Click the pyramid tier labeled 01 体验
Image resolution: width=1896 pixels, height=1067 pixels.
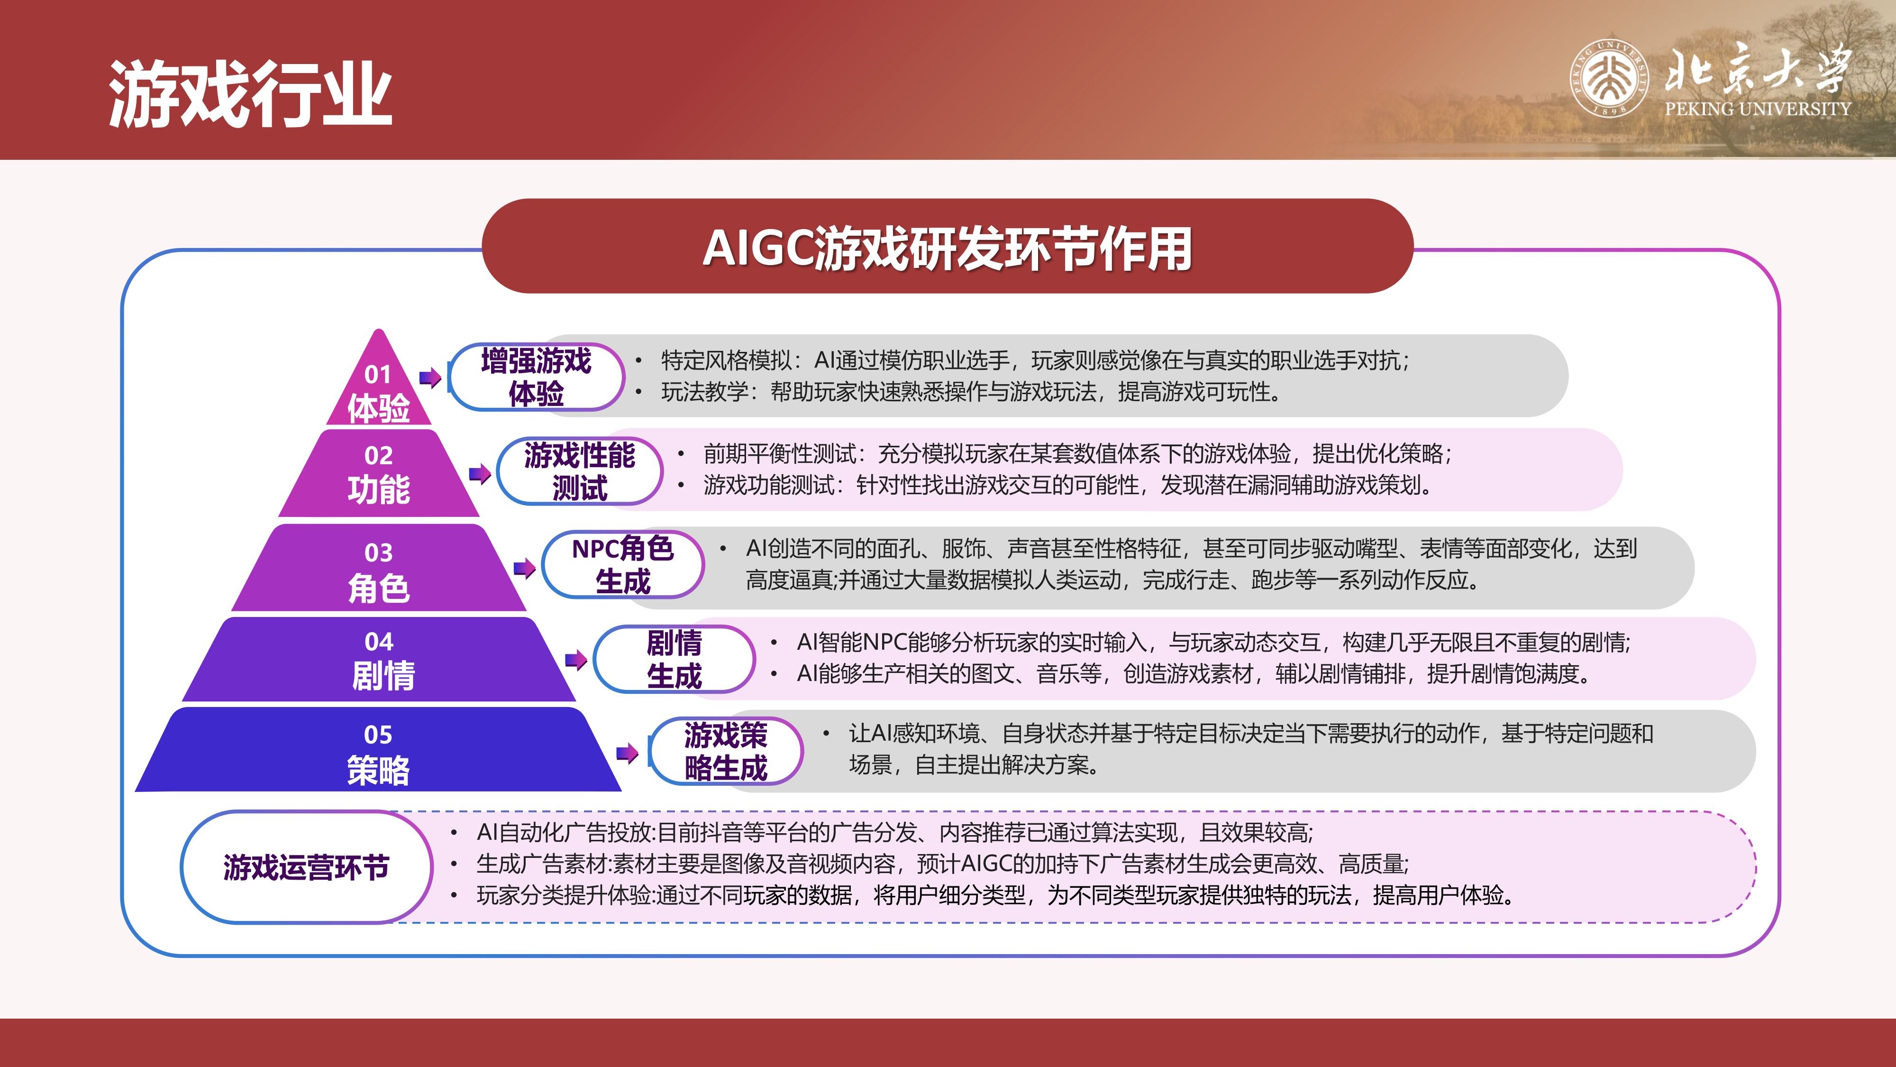[x=378, y=390]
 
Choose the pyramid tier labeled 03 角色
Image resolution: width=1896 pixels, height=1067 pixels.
[x=378, y=569]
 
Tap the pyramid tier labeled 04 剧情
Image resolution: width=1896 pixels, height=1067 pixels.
[x=378, y=659]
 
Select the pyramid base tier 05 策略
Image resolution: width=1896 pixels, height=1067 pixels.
[x=378, y=750]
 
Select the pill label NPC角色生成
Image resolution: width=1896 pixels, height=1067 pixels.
[x=623, y=565]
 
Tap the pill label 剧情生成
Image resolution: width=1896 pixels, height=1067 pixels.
[x=674, y=659]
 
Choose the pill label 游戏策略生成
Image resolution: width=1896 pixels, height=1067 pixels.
[x=726, y=751]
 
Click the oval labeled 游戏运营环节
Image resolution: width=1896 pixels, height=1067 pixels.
[x=306, y=867]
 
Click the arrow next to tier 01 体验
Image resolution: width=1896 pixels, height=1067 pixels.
[x=430, y=378]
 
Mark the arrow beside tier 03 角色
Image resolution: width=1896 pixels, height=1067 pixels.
[x=524, y=568]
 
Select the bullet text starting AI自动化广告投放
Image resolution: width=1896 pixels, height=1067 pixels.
[x=895, y=832]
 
